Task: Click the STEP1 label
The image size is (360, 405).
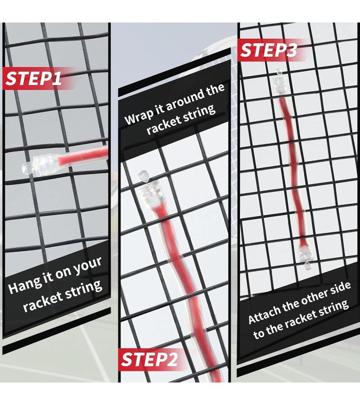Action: tap(34, 78)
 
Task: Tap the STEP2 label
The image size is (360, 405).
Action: tap(149, 359)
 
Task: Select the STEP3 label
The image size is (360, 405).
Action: tap(269, 50)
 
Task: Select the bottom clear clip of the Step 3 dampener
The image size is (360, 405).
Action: tap(304, 256)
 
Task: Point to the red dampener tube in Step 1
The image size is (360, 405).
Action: tap(83, 157)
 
